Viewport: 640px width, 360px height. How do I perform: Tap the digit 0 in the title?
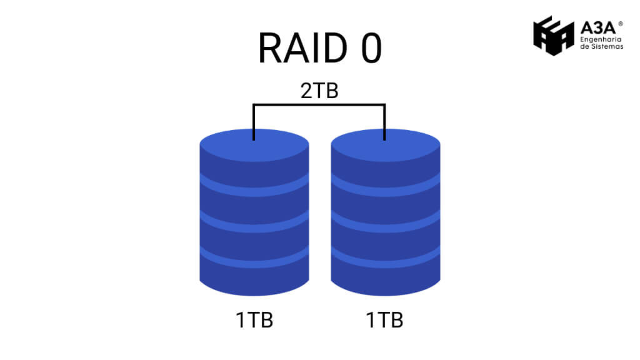click(370, 49)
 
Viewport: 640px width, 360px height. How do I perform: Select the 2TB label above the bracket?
click(319, 91)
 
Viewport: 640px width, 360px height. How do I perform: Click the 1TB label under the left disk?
click(254, 320)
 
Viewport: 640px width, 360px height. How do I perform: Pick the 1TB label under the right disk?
click(384, 320)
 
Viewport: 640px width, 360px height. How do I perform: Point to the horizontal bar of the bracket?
click(319, 105)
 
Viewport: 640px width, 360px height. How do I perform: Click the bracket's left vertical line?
click(254, 122)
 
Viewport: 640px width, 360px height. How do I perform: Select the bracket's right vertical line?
click(384, 122)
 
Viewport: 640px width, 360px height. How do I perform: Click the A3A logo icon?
click(553, 36)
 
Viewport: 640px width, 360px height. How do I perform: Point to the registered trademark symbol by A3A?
click(620, 24)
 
